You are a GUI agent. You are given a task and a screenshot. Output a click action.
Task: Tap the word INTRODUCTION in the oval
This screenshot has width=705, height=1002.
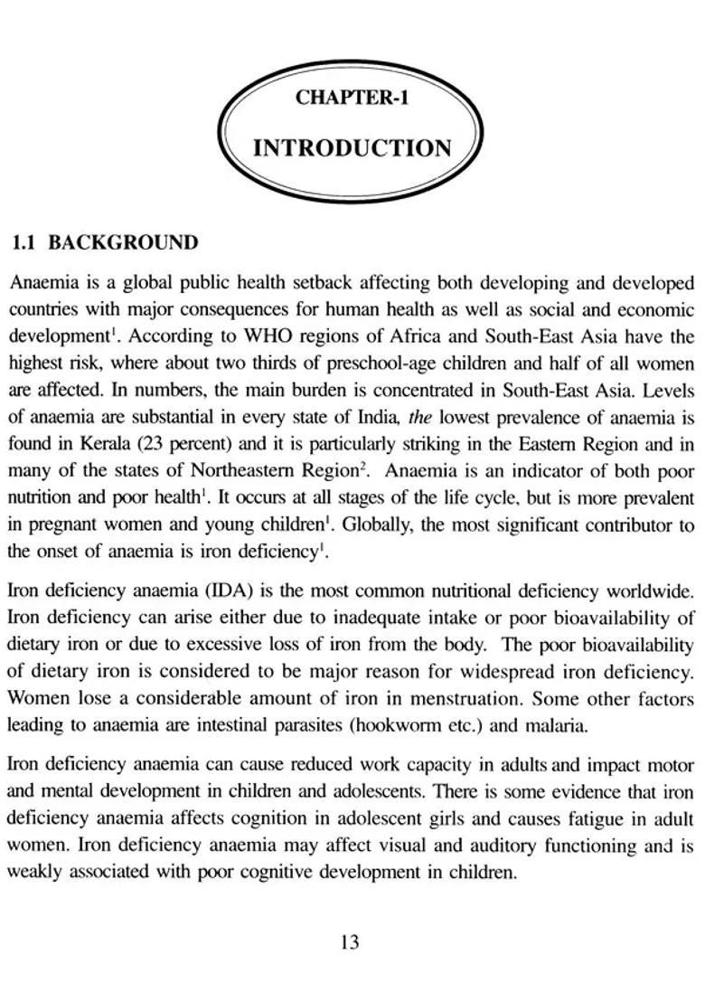pos(352,148)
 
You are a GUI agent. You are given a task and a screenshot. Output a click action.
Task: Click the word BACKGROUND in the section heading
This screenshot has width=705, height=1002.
pos(122,242)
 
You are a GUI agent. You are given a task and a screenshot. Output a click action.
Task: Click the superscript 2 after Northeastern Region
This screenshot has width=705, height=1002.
pos(359,467)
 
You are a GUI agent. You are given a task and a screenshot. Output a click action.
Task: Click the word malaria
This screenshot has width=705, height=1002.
pos(558,725)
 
